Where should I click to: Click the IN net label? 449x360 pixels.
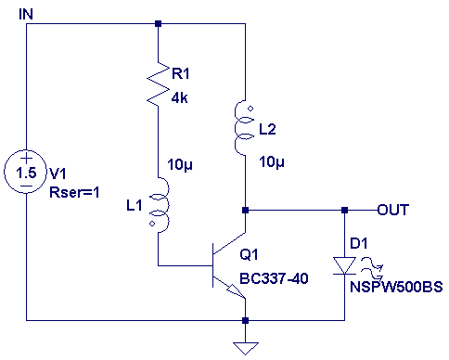[26, 15]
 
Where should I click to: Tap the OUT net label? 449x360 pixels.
[393, 210]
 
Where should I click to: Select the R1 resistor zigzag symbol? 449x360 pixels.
[158, 84]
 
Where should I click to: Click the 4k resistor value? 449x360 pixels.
[180, 98]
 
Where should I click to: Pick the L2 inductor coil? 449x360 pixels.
[240, 127]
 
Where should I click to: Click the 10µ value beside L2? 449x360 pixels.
[272, 161]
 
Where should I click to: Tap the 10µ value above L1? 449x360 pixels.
[180, 164]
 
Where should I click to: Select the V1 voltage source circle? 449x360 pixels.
[25, 172]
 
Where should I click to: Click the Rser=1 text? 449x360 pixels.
[74, 192]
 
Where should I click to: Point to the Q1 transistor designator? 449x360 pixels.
[249, 254]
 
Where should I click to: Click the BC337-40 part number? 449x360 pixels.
[274, 278]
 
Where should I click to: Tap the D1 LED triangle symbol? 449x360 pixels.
[344, 265]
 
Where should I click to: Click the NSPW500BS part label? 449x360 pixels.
[396, 287]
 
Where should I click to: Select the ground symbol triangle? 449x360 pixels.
[246, 348]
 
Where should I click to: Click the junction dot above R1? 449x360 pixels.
[158, 23]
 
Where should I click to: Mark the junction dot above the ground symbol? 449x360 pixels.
[245, 320]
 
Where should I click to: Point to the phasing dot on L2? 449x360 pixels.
[250, 109]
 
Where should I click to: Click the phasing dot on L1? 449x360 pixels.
[152, 224]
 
